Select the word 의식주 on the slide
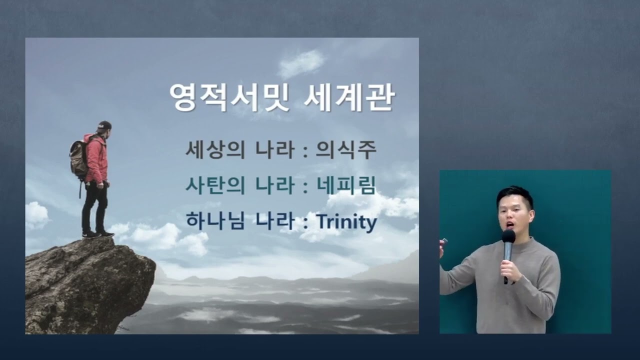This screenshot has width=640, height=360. [345, 150]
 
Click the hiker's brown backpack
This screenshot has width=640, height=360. [79, 158]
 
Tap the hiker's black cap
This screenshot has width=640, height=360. [104, 125]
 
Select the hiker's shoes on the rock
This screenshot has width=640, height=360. [98, 233]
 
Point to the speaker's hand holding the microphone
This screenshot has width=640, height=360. [510, 270]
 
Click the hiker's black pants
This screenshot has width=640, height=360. [94, 205]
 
